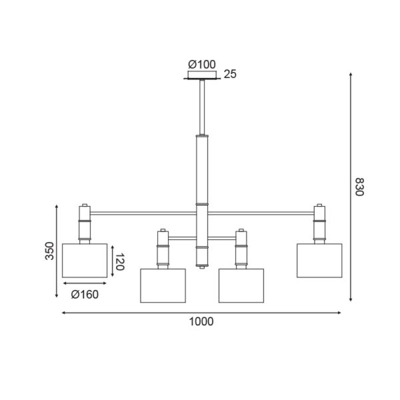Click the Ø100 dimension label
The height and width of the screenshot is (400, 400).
pos(202,65)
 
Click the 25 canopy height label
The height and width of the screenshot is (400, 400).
pos(230,75)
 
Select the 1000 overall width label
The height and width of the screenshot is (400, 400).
pos(201,321)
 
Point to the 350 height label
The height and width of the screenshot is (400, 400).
pos(49,251)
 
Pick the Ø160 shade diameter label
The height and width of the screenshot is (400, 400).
pos(85,294)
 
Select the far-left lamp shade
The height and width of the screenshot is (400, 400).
pos(85,260)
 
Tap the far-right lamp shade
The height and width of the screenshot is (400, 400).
pos(319,260)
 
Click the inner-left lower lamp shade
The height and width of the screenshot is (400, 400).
pos(163,285)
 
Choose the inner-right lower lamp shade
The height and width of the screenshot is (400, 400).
pos(241,285)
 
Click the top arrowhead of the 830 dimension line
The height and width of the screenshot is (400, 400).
pos(351,75)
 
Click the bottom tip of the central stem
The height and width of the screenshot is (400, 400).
pos(202,266)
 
